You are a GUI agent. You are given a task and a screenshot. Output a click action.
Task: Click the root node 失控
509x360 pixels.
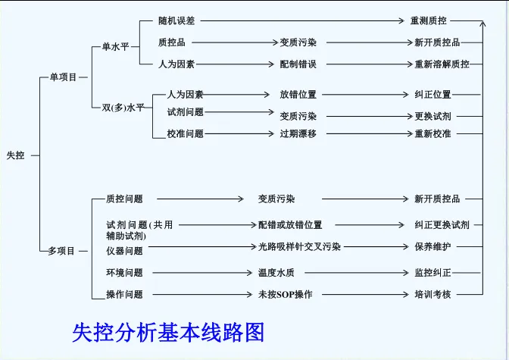[x=16, y=155]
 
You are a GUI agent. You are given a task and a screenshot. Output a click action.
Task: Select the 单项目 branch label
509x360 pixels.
[x=63, y=77]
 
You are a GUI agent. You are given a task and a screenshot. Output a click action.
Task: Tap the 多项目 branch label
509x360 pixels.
[x=62, y=251]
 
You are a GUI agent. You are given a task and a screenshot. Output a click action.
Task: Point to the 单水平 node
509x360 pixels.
[x=116, y=46]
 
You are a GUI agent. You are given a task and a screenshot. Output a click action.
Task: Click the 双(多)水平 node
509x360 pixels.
[x=123, y=108]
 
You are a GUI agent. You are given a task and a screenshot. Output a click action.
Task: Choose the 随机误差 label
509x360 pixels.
[x=176, y=21]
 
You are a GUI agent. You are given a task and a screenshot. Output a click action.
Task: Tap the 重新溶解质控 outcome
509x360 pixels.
[x=442, y=64]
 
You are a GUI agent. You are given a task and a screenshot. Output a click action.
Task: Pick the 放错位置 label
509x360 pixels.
[x=298, y=95]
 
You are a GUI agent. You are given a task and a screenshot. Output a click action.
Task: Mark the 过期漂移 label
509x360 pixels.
[x=298, y=133]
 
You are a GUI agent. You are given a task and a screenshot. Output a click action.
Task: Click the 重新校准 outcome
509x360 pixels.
[x=432, y=133]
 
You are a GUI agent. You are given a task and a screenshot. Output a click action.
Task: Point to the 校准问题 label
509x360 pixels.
[x=186, y=133]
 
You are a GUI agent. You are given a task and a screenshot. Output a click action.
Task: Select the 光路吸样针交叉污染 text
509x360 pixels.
[x=299, y=246]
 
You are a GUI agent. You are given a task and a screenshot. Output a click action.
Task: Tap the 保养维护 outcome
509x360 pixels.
[x=432, y=246]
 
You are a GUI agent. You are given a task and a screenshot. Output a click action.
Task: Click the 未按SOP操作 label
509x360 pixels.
[x=286, y=294]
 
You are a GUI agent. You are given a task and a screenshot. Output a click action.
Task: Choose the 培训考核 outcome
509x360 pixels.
[x=432, y=294]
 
